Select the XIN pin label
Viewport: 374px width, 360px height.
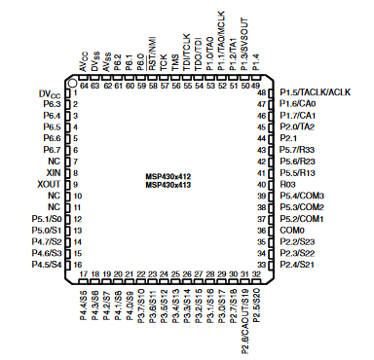53,171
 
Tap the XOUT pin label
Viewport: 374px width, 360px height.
49,184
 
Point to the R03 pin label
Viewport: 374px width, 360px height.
287,183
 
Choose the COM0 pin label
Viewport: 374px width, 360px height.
291,229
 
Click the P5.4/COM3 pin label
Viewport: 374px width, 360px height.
301,195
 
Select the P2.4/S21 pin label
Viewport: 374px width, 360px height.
297,264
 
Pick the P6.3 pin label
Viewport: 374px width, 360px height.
53,103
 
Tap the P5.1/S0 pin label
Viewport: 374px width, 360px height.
47,217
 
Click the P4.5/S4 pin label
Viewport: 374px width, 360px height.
46,264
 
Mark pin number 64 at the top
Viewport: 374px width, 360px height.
84,84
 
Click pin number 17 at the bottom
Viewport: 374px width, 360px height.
84,273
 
